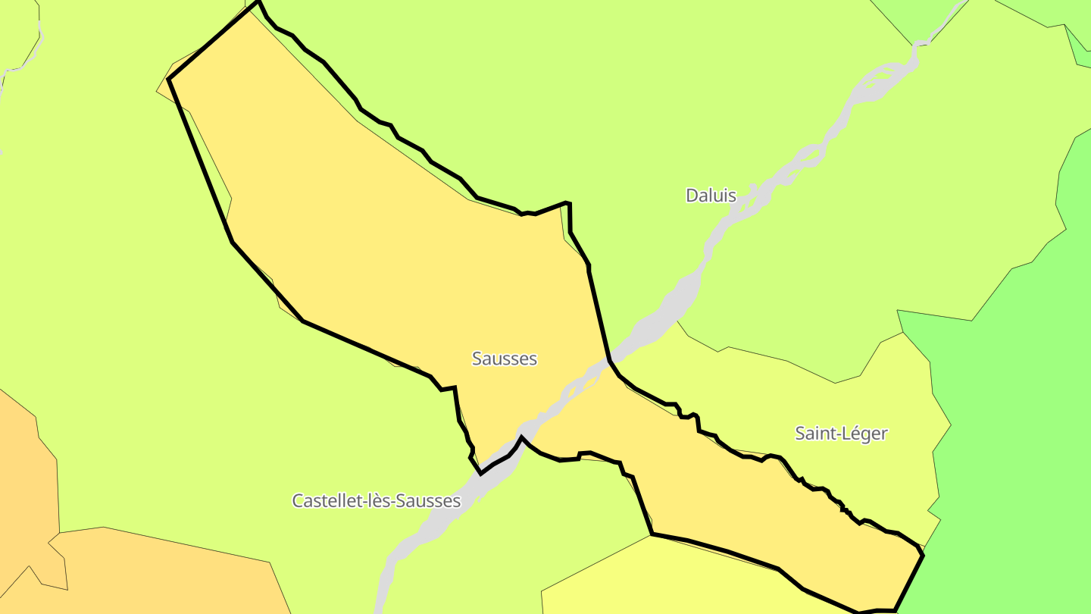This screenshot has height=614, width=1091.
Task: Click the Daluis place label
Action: [x=711, y=196]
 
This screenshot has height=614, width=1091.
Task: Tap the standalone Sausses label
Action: [x=504, y=359]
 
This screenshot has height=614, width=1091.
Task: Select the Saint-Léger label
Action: [x=841, y=434]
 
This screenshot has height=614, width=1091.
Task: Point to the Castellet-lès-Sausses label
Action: [x=377, y=501]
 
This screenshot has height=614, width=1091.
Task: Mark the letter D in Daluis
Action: [x=691, y=196]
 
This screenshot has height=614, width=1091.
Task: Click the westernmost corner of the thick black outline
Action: [x=168, y=78]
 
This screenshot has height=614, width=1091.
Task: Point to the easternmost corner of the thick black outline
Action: [x=923, y=555]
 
